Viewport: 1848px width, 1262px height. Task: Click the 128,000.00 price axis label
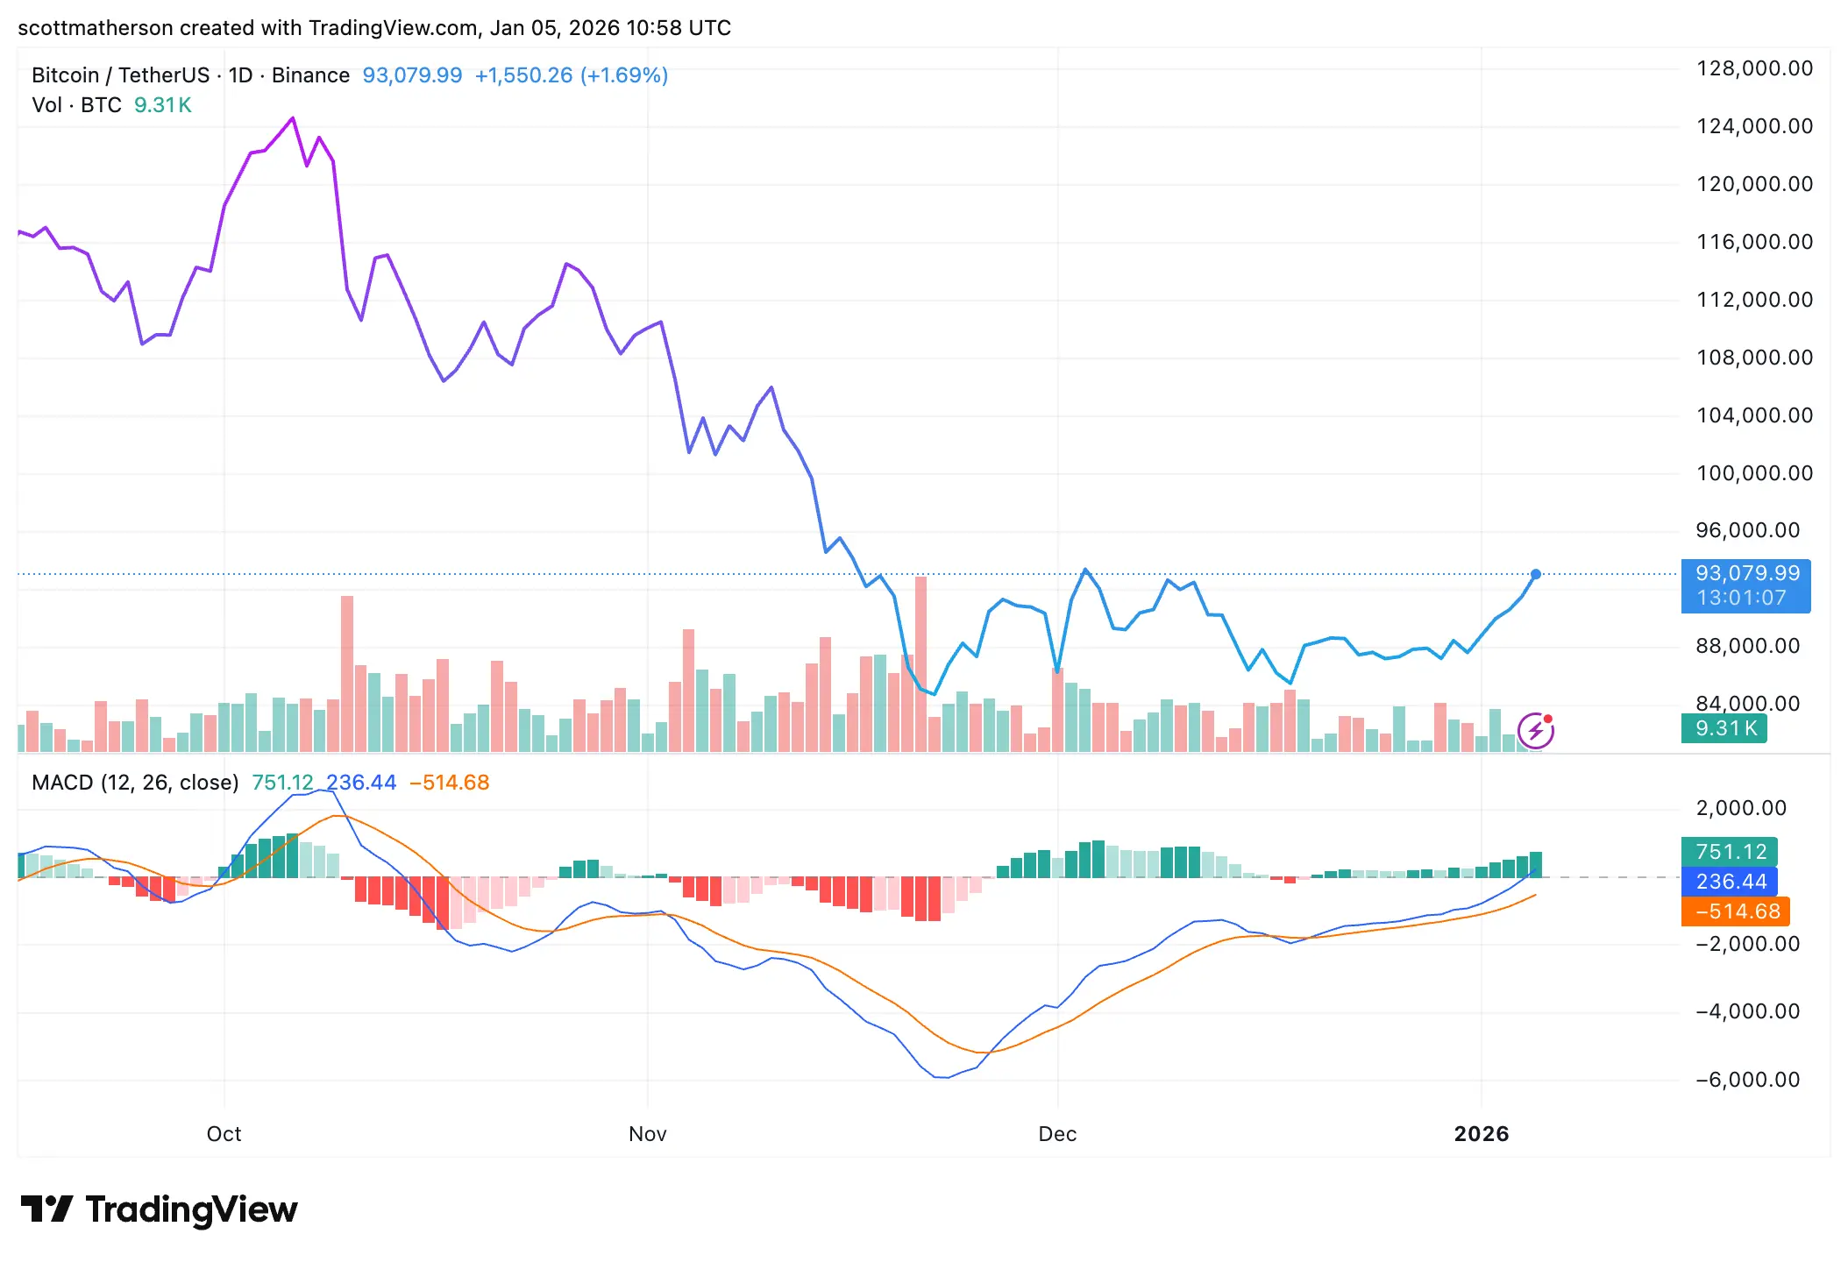[x=1753, y=68]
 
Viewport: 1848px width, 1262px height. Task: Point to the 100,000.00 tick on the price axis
[x=1753, y=473]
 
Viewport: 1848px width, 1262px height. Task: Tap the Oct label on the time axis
[x=224, y=1133]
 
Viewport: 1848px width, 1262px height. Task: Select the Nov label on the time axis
[x=647, y=1133]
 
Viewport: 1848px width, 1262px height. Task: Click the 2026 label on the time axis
[x=1481, y=1133]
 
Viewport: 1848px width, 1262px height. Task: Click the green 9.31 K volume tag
[x=1724, y=728]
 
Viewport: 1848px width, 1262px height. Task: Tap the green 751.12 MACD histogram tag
[x=1730, y=851]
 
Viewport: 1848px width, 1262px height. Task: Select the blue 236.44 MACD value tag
[x=1730, y=881]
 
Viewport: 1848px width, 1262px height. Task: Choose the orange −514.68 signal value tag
[x=1735, y=911]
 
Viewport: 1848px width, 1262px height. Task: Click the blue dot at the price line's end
[x=1535, y=574]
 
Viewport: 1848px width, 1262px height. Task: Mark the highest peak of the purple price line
[x=293, y=118]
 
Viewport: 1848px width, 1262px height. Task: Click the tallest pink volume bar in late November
[x=920, y=663]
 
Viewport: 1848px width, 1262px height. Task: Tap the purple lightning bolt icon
[x=1535, y=730]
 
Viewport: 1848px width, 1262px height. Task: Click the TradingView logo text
[x=191, y=1209]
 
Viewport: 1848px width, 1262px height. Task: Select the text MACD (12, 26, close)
[x=135, y=782]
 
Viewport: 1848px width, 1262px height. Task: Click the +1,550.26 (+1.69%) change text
[x=571, y=75]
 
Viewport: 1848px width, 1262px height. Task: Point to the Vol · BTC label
[x=76, y=105]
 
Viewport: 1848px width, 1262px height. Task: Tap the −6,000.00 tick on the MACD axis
[x=1746, y=1079]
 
